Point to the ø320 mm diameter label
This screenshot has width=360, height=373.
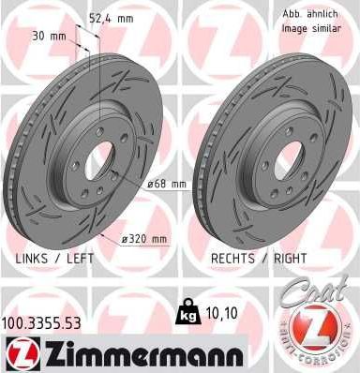click(147, 239)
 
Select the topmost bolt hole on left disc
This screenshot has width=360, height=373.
click(101, 132)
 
